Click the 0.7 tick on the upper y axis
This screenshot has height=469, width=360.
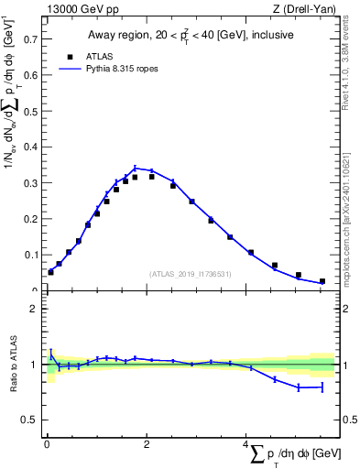coord(29,39)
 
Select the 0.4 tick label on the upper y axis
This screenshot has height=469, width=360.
coord(29,147)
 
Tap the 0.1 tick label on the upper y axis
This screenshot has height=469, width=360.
coord(29,255)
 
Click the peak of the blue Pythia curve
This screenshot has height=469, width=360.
coord(136,168)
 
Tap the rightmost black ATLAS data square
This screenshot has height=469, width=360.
coord(322,281)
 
